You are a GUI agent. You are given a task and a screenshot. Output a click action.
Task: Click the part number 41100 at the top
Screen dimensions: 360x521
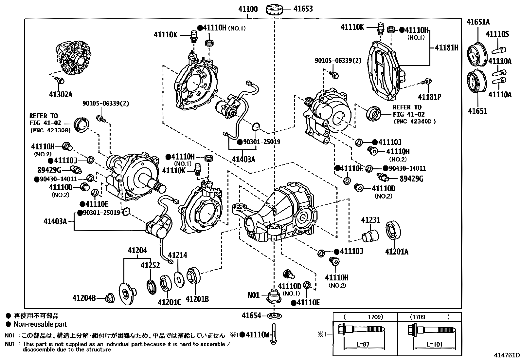tap(248, 9)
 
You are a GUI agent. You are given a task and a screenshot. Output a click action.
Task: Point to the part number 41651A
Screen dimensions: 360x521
tap(478, 22)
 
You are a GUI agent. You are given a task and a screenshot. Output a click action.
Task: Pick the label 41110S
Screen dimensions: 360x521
tap(497, 34)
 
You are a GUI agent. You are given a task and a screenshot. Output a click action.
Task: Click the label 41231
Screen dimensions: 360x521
tap(370, 220)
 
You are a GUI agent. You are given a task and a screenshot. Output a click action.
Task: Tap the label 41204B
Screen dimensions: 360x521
tap(84, 298)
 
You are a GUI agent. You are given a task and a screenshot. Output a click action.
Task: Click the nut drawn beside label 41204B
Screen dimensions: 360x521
tap(109, 298)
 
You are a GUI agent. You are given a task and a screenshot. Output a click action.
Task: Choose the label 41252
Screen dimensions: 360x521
tap(150, 265)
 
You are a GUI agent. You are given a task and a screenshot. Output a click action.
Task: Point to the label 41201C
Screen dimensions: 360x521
tap(169, 302)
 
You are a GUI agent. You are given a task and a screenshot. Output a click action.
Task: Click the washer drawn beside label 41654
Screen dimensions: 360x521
tap(275, 316)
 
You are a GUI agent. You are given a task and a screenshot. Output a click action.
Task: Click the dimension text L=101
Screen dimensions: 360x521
tap(435, 345)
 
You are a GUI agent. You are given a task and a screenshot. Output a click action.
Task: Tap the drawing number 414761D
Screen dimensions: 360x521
tap(507, 355)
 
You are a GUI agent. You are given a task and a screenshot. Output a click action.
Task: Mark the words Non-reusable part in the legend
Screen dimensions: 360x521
tap(40, 324)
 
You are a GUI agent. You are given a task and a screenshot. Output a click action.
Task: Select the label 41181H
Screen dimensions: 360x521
tap(446, 47)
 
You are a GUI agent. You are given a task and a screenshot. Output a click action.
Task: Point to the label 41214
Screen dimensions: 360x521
tap(177, 255)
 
